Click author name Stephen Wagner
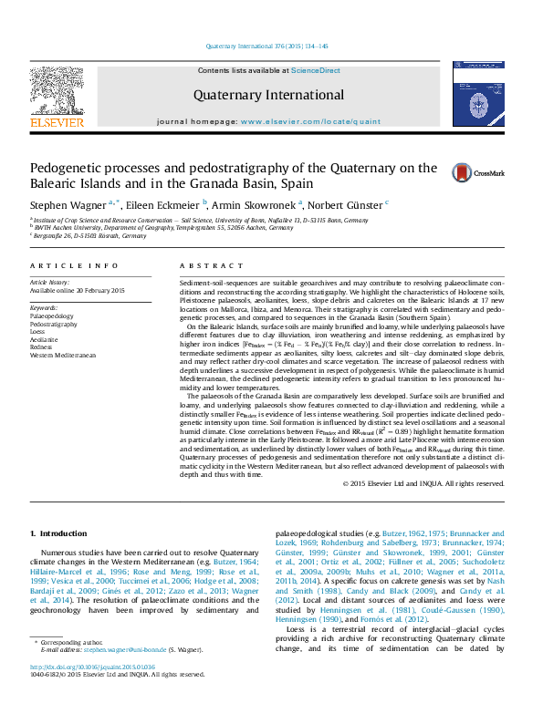coord(68,205)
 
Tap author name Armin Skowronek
coord(257,205)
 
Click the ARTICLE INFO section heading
coord(74,265)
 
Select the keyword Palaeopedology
coord(54,316)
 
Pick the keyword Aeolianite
coord(47,338)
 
